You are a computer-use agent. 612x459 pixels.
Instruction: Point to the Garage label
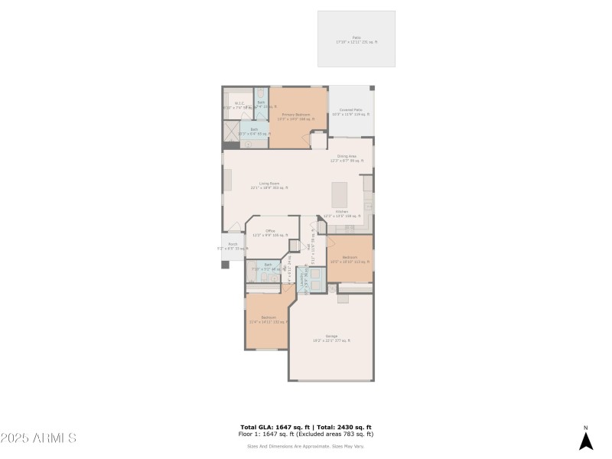click(x=330, y=337)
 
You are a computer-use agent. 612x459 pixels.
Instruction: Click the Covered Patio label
click(x=350, y=112)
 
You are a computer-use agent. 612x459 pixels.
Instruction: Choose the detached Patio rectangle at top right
click(x=356, y=38)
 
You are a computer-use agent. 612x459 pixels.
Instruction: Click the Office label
click(x=269, y=233)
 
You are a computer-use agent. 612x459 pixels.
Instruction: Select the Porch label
click(x=233, y=246)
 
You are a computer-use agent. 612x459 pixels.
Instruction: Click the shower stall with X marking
click(x=231, y=131)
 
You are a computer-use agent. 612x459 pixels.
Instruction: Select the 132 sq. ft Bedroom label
click(x=268, y=319)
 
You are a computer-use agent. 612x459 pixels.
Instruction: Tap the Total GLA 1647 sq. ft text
click(x=275, y=427)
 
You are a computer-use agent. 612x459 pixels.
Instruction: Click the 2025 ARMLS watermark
click(x=38, y=438)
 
